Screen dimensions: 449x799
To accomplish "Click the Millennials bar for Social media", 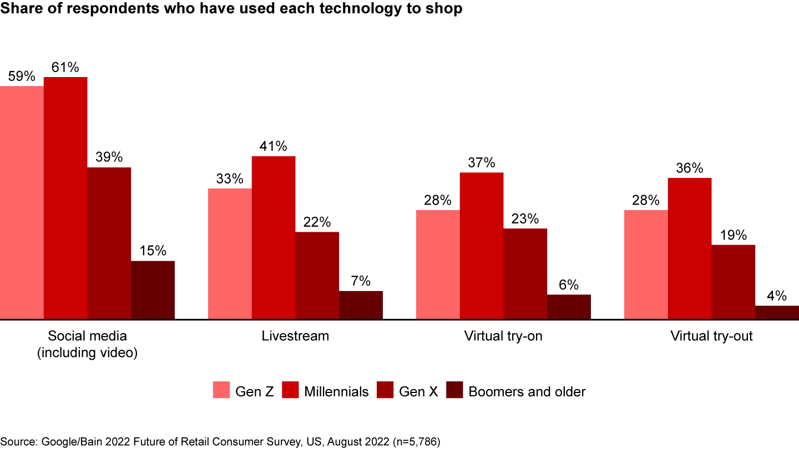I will [x=65, y=198].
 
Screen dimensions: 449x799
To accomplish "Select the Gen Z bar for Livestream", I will [x=230, y=254].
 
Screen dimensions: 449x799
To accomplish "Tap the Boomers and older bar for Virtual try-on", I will [x=569, y=307].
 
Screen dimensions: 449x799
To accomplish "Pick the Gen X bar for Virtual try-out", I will [x=733, y=282].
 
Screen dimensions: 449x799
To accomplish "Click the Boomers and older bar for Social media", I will [x=153, y=290].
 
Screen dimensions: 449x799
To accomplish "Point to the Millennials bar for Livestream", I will [x=274, y=237].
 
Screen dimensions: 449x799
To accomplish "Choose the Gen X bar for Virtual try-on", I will [x=525, y=274].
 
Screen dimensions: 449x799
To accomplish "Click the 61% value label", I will [x=65, y=68].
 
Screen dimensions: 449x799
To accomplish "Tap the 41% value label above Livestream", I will [x=274, y=146].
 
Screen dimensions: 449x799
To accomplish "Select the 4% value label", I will [x=777, y=296].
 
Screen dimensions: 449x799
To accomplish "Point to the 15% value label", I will [x=153, y=251].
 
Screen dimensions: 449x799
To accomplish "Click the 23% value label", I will [x=525, y=219].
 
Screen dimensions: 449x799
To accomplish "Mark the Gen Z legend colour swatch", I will [x=221, y=391].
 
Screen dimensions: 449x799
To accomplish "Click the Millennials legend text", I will [x=336, y=391].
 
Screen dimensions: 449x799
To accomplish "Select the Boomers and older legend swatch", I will [x=455, y=391].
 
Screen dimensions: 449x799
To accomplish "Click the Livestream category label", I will [x=295, y=336].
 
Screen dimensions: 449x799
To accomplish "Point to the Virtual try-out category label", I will [x=711, y=336].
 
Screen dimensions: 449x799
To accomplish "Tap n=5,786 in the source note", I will [x=414, y=441].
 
